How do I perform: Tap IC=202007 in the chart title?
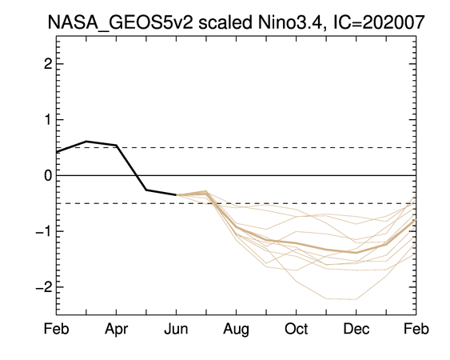379,22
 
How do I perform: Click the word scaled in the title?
225,22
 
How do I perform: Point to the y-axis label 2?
48,64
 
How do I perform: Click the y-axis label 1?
48,119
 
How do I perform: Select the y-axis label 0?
48,175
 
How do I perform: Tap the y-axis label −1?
44,231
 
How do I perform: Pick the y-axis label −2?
44,286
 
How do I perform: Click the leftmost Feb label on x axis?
57,329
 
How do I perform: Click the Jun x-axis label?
176,329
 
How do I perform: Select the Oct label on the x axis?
297,329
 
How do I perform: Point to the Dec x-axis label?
356,329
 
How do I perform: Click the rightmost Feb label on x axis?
416,329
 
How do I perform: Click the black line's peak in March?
86,141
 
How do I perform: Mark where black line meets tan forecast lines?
176,194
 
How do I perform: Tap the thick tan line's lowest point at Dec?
356,253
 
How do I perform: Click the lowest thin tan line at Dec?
356,299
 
